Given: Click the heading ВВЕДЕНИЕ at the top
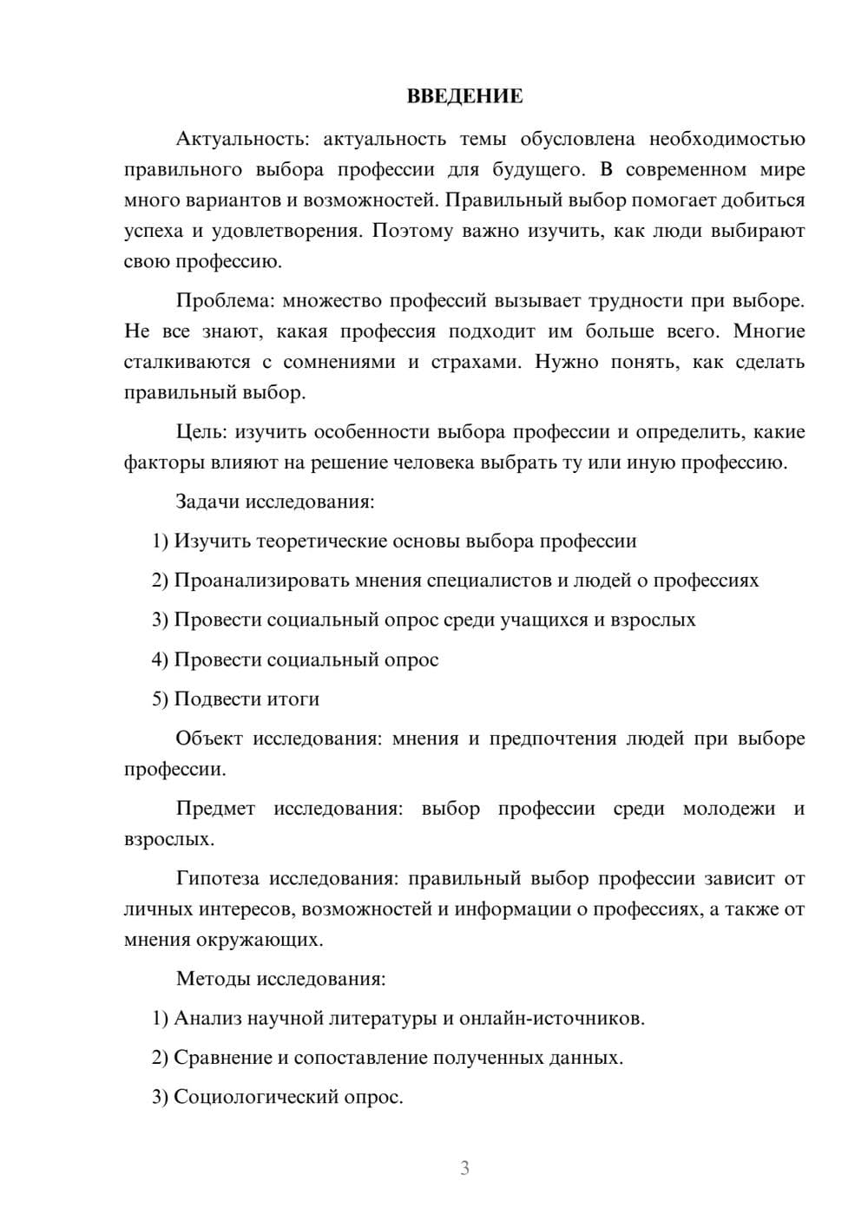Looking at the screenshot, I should pos(464,96).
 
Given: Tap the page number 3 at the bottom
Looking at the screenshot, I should pos(464,1168).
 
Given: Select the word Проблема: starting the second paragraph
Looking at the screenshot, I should pos(224,301).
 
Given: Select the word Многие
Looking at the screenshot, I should pos(769,331).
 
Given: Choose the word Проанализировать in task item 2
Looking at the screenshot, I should pos(261,581).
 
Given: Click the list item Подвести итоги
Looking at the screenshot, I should pos(247,699).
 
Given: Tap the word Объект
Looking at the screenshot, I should pos(209,738).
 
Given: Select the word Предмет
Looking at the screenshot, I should pos(215,809).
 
